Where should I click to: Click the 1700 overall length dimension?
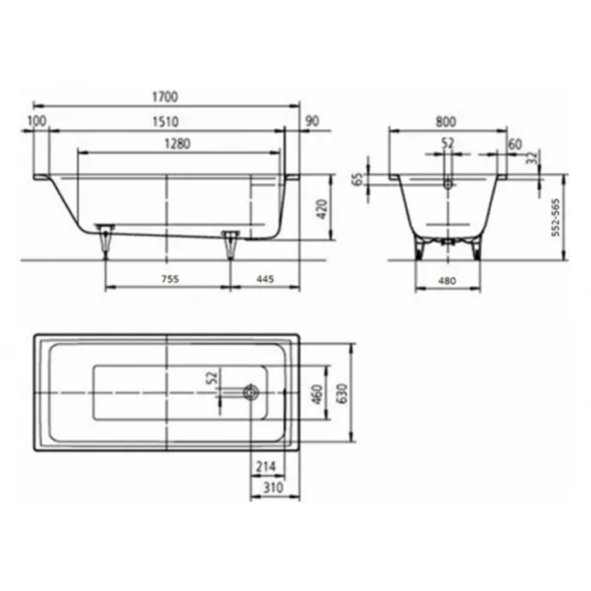pyautogui.click(x=165, y=97)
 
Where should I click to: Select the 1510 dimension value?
pyautogui.click(x=165, y=121)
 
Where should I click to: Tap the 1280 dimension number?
pyautogui.click(x=177, y=144)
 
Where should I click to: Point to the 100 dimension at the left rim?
pyautogui.click(x=37, y=121)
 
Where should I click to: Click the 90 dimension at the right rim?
pyautogui.click(x=312, y=121)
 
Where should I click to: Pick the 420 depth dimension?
pyautogui.click(x=322, y=209)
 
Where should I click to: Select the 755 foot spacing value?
pyautogui.click(x=170, y=279)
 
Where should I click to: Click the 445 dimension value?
pyautogui.click(x=265, y=279)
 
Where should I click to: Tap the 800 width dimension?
pyautogui.click(x=446, y=121)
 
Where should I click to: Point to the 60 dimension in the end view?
pyautogui.click(x=515, y=144)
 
